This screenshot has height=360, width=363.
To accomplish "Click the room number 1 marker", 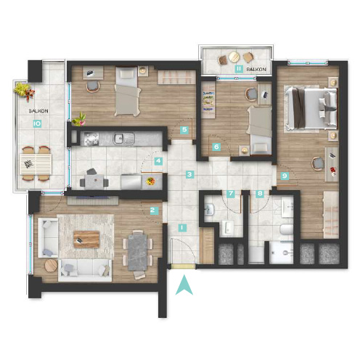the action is click(x=182, y=228).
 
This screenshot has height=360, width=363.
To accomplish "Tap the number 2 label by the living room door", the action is click(x=152, y=210).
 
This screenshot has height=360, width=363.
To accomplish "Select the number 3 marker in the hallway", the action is click(x=189, y=174).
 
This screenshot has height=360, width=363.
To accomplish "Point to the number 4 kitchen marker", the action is click(x=158, y=161).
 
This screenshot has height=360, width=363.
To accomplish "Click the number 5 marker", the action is click(x=184, y=130).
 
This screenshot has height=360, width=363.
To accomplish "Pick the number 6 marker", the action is click(x=216, y=147).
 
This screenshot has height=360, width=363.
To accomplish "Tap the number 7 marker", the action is click(x=231, y=194).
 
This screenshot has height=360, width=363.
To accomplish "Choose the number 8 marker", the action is click(x=260, y=194).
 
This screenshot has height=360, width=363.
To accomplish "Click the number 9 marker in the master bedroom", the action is click(x=285, y=176).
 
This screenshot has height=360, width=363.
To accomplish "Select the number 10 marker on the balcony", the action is click(x=37, y=124).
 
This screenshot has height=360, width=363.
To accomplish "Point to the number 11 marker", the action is click(x=239, y=69).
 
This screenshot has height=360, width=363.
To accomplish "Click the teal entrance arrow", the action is click(x=184, y=285).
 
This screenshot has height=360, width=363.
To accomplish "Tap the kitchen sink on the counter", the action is click(x=124, y=139).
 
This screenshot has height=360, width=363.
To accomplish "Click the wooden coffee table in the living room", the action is click(x=86, y=240).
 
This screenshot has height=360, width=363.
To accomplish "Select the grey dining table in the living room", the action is click(x=137, y=252).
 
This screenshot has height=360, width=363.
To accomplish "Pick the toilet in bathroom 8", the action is click(x=287, y=229).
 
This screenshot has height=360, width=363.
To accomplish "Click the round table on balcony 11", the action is click(x=234, y=57).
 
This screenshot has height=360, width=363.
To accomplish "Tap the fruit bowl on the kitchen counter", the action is click(x=150, y=181).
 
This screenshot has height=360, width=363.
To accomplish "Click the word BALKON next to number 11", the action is click(x=256, y=70).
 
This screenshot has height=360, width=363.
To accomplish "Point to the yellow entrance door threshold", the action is click(x=183, y=266).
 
